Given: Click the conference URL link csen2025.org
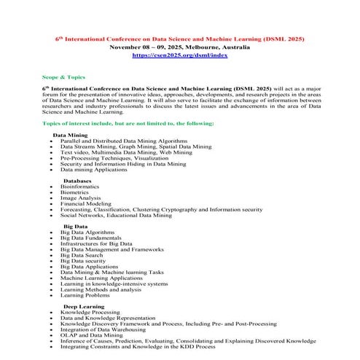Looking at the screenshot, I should click(180, 55).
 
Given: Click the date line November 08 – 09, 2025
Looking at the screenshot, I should click(180, 46).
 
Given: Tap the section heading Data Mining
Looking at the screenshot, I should click(70, 135).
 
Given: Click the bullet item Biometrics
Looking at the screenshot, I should click(75, 192).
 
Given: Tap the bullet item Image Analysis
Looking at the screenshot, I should click(80, 197).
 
